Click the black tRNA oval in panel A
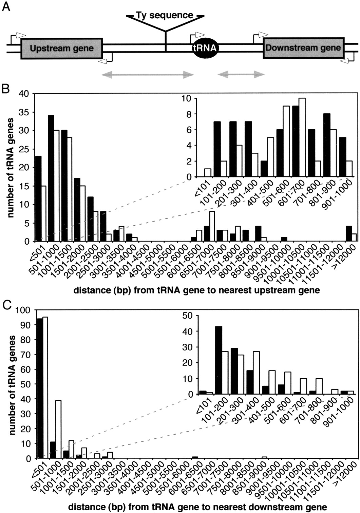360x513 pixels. coord(205,48)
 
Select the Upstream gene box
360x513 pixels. coord(62,48)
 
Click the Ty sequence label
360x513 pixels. coord(165,15)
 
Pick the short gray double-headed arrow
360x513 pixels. coord(241,74)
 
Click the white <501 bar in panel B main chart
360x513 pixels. coord(43,213)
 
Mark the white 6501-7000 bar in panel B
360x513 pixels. coord(212,226)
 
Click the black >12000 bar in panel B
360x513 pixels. coord(348,233)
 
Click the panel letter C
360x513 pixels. coord(6,304)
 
